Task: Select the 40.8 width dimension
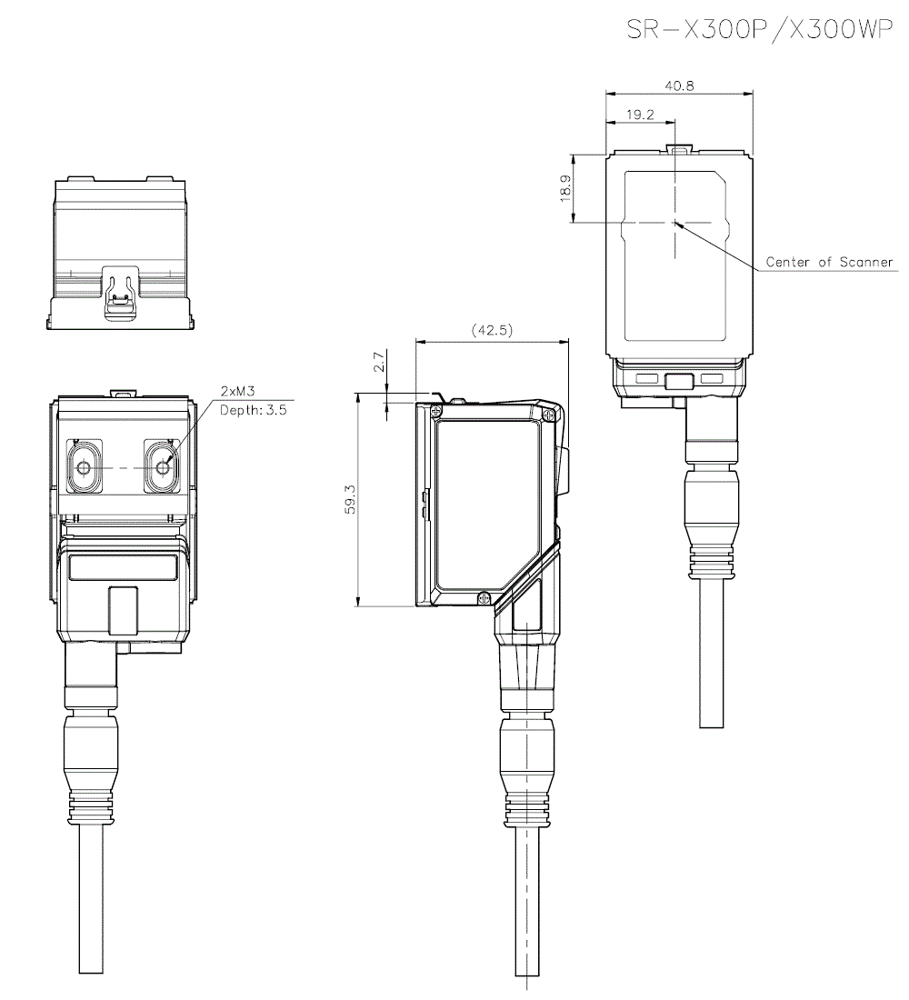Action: point(679,85)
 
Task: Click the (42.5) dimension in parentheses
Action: point(491,330)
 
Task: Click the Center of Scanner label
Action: point(829,262)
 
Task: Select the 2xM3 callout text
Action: point(237,391)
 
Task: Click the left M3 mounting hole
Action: point(84,467)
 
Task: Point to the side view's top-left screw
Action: point(439,411)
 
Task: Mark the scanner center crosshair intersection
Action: point(674,221)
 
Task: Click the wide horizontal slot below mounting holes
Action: point(123,568)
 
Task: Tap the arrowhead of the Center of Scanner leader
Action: point(678,223)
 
